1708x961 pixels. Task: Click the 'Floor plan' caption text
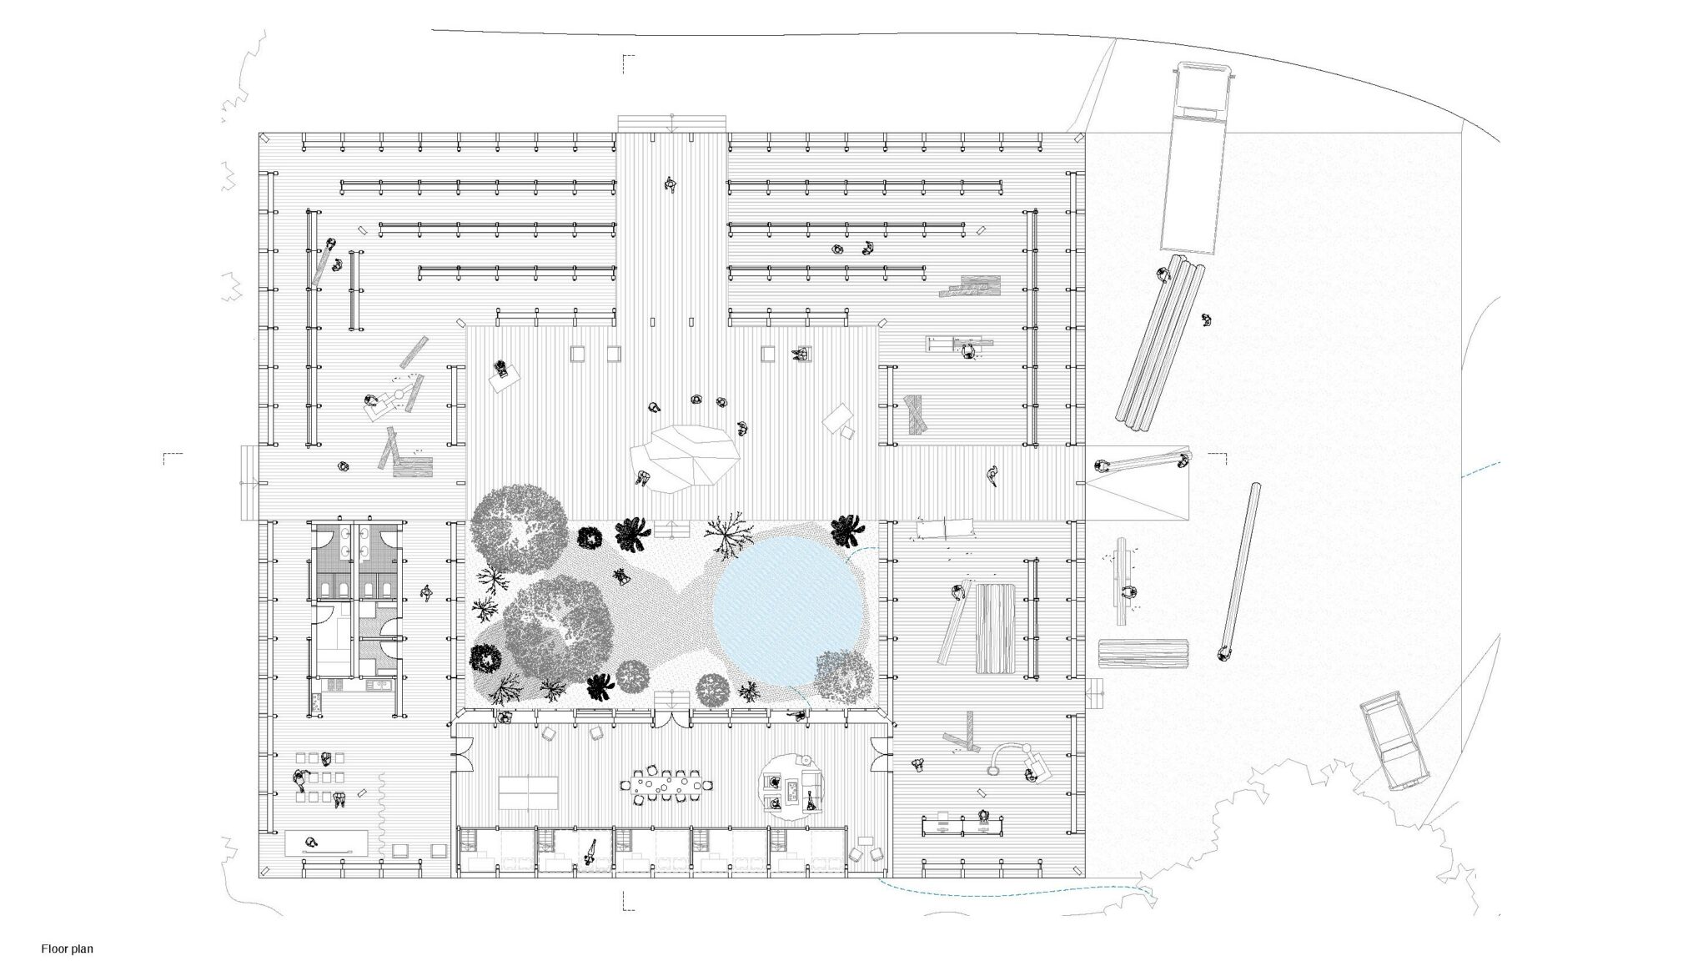coord(68,948)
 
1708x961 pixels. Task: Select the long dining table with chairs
coord(666,786)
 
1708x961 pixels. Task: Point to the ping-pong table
coord(528,792)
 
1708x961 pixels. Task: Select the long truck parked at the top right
coord(1196,157)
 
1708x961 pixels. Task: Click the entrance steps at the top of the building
coord(671,123)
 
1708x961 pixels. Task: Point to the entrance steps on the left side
coord(249,483)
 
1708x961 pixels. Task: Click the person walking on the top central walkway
coord(670,184)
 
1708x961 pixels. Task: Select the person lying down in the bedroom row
coord(589,853)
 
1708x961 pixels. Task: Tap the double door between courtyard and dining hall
coord(671,718)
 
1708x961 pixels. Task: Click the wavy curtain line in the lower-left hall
coord(382,814)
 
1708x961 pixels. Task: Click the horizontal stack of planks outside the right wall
coord(1143,654)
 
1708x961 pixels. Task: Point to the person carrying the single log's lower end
coord(1223,652)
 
